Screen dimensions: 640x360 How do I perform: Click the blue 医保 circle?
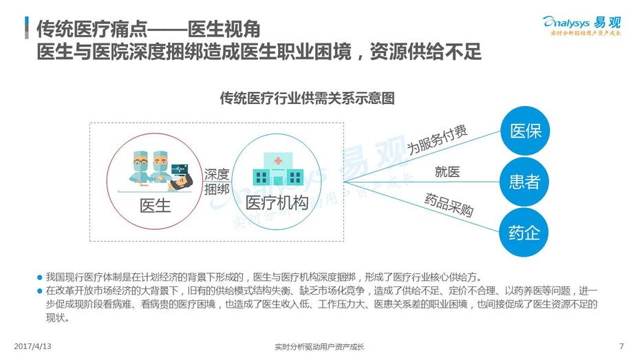pos(525,131)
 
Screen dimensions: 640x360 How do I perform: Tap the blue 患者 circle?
pos(524,182)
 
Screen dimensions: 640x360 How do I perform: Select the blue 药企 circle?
pos(524,233)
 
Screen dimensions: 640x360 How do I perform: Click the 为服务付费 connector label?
pos(437,140)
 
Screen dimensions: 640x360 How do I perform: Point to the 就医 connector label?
pos(447,172)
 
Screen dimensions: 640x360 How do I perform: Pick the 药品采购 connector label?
pos(449,204)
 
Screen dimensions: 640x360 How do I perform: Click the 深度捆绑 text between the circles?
pos(217,182)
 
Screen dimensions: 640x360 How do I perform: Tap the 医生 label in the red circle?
pos(155,205)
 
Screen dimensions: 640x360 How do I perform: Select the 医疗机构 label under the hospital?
pos(277,203)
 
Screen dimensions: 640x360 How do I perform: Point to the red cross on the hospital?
pos(278,160)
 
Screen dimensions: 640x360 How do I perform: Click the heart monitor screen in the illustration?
pos(180,169)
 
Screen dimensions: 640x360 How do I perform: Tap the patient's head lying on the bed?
pos(184,181)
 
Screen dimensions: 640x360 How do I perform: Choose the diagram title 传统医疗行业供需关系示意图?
pos(308,98)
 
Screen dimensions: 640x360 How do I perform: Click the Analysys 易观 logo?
pos(582,25)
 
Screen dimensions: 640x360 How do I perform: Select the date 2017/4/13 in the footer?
pos(32,346)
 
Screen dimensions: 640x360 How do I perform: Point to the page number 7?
pos(621,346)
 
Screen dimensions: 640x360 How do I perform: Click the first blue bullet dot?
pos(40,278)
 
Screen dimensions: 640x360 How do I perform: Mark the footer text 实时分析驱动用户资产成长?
pos(319,347)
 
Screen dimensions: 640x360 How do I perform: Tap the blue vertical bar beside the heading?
pos(27,28)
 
